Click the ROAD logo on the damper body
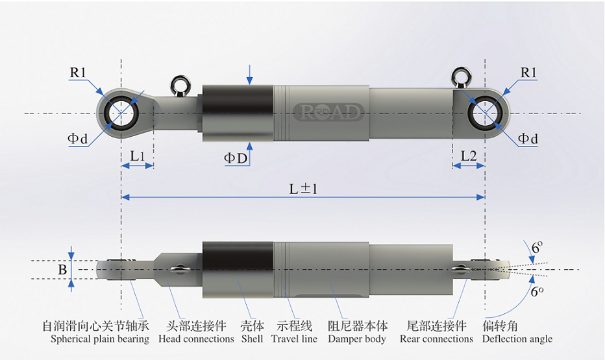(x=328, y=112)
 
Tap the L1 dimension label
(x=137, y=156)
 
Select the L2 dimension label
(x=469, y=156)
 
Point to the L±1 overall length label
(x=303, y=189)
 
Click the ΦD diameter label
(x=236, y=158)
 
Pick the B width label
(x=62, y=270)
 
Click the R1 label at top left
(x=78, y=73)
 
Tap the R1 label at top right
(x=528, y=73)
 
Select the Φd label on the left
(x=77, y=138)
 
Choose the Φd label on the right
(x=528, y=138)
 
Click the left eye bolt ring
(x=180, y=83)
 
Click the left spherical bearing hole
(x=121, y=114)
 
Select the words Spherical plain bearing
(x=100, y=339)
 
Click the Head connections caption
(x=196, y=339)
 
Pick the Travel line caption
(x=294, y=339)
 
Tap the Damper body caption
(x=357, y=339)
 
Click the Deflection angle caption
(x=517, y=339)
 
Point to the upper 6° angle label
(x=537, y=247)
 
